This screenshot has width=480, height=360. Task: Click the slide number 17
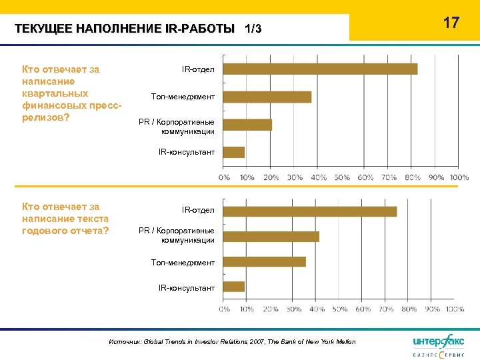pos(451,23)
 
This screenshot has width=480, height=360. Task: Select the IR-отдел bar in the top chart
pos(320,69)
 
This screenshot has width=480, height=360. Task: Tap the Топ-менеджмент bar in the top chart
pos(267,97)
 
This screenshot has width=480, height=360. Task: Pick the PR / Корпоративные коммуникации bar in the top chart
pos(247,125)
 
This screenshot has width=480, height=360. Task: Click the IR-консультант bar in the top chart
pos(233,152)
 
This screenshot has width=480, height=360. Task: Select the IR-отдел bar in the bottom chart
pos(309,211)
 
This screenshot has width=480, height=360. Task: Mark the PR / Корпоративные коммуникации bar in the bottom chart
pos(271,236)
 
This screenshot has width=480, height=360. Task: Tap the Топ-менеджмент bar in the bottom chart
pos(264,261)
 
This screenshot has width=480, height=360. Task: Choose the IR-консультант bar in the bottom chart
pos(233,287)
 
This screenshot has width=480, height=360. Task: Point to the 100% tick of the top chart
pos(459,177)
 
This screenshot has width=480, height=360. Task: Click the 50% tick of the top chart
pos(342,177)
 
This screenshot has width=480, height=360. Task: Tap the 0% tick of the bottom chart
pos(224,309)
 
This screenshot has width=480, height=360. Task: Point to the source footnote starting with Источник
pos(232,341)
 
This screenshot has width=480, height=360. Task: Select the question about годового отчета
pos(65,219)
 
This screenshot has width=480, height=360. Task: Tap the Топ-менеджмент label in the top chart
pos(183,97)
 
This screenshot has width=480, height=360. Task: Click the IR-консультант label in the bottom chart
pos(186,287)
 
